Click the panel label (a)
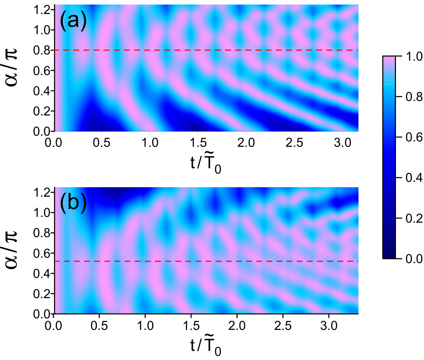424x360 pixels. [73, 21]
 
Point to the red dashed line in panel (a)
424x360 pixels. [206, 50]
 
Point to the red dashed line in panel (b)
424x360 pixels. [206, 261]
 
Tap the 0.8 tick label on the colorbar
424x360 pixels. [414, 97]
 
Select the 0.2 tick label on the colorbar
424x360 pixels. [414, 218]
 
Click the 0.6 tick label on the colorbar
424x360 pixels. [414, 137]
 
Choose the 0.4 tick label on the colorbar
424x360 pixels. [414, 178]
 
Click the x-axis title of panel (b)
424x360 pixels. [206, 347]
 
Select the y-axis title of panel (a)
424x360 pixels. [12, 67]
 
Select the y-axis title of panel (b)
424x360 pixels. [12, 249]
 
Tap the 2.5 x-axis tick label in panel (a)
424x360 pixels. [294, 143]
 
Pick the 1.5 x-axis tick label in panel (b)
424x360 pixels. [191, 326]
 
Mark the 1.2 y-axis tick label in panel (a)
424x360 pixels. [42, 10]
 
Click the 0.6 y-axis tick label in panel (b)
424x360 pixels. [42, 253]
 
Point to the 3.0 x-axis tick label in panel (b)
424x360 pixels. [329, 326]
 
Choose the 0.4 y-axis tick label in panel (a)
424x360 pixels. [42, 91]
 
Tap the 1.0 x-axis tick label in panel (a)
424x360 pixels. [150, 143]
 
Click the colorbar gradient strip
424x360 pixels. [389, 157]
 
